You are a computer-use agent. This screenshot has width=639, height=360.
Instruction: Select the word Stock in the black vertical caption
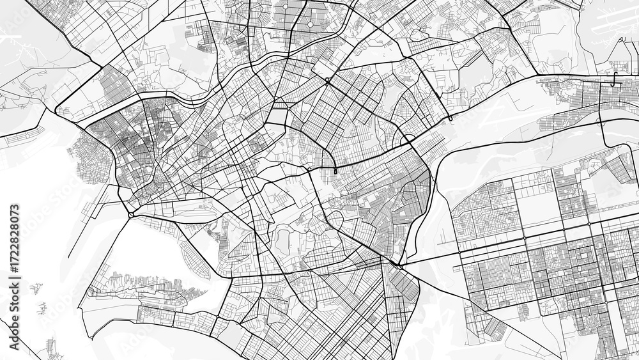coord(15,301)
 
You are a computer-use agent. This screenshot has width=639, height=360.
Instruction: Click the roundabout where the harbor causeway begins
coord(130,215)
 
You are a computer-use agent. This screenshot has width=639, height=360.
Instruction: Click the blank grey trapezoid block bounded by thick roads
coord(279,116)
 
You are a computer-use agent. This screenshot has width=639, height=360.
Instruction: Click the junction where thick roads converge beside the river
coord(399,263)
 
